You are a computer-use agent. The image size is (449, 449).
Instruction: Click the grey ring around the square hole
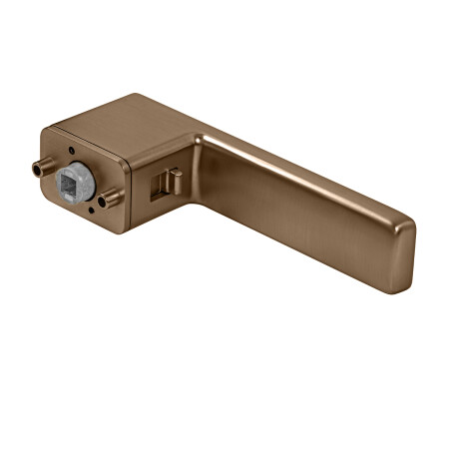(88, 172)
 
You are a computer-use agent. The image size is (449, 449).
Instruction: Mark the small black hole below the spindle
(91, 211)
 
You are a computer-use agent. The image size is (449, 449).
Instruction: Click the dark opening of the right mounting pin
(103, 202)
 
